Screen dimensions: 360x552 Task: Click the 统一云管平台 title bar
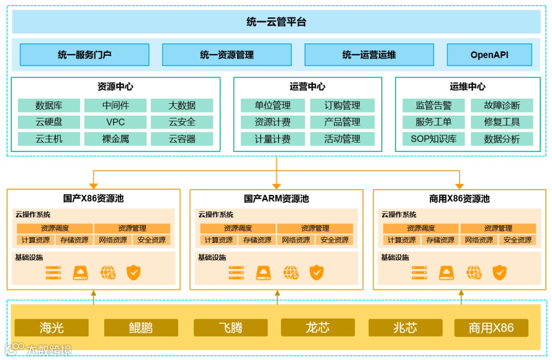click(276, 22)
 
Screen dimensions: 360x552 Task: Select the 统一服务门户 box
click(84, 55)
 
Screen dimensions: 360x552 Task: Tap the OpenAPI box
click(489, 55)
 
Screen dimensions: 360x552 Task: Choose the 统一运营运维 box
click(369, 55)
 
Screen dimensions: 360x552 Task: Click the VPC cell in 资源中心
click(116, 122)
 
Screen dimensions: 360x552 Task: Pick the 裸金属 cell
click(116, 139)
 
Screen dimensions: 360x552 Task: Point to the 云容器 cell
click(182, 139)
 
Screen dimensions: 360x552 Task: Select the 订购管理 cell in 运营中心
click(342, 106)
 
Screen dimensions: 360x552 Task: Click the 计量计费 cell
click(273, 139)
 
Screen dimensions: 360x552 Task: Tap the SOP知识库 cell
click(433, 139)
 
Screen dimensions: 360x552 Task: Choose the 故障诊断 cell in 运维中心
click(502, 106)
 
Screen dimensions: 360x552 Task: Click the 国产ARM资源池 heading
click(277, 199)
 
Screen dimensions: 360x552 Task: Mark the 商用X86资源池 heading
click(459, 199)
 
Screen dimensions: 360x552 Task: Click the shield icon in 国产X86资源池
click(133, 273)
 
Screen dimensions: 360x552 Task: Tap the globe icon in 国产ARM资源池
click(291, 273)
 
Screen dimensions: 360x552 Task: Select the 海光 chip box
click(52, 328)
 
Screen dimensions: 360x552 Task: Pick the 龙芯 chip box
click(317, 327)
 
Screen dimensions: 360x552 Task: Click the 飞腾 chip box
click(231, 328)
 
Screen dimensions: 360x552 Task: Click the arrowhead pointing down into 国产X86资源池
click(94, 186)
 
